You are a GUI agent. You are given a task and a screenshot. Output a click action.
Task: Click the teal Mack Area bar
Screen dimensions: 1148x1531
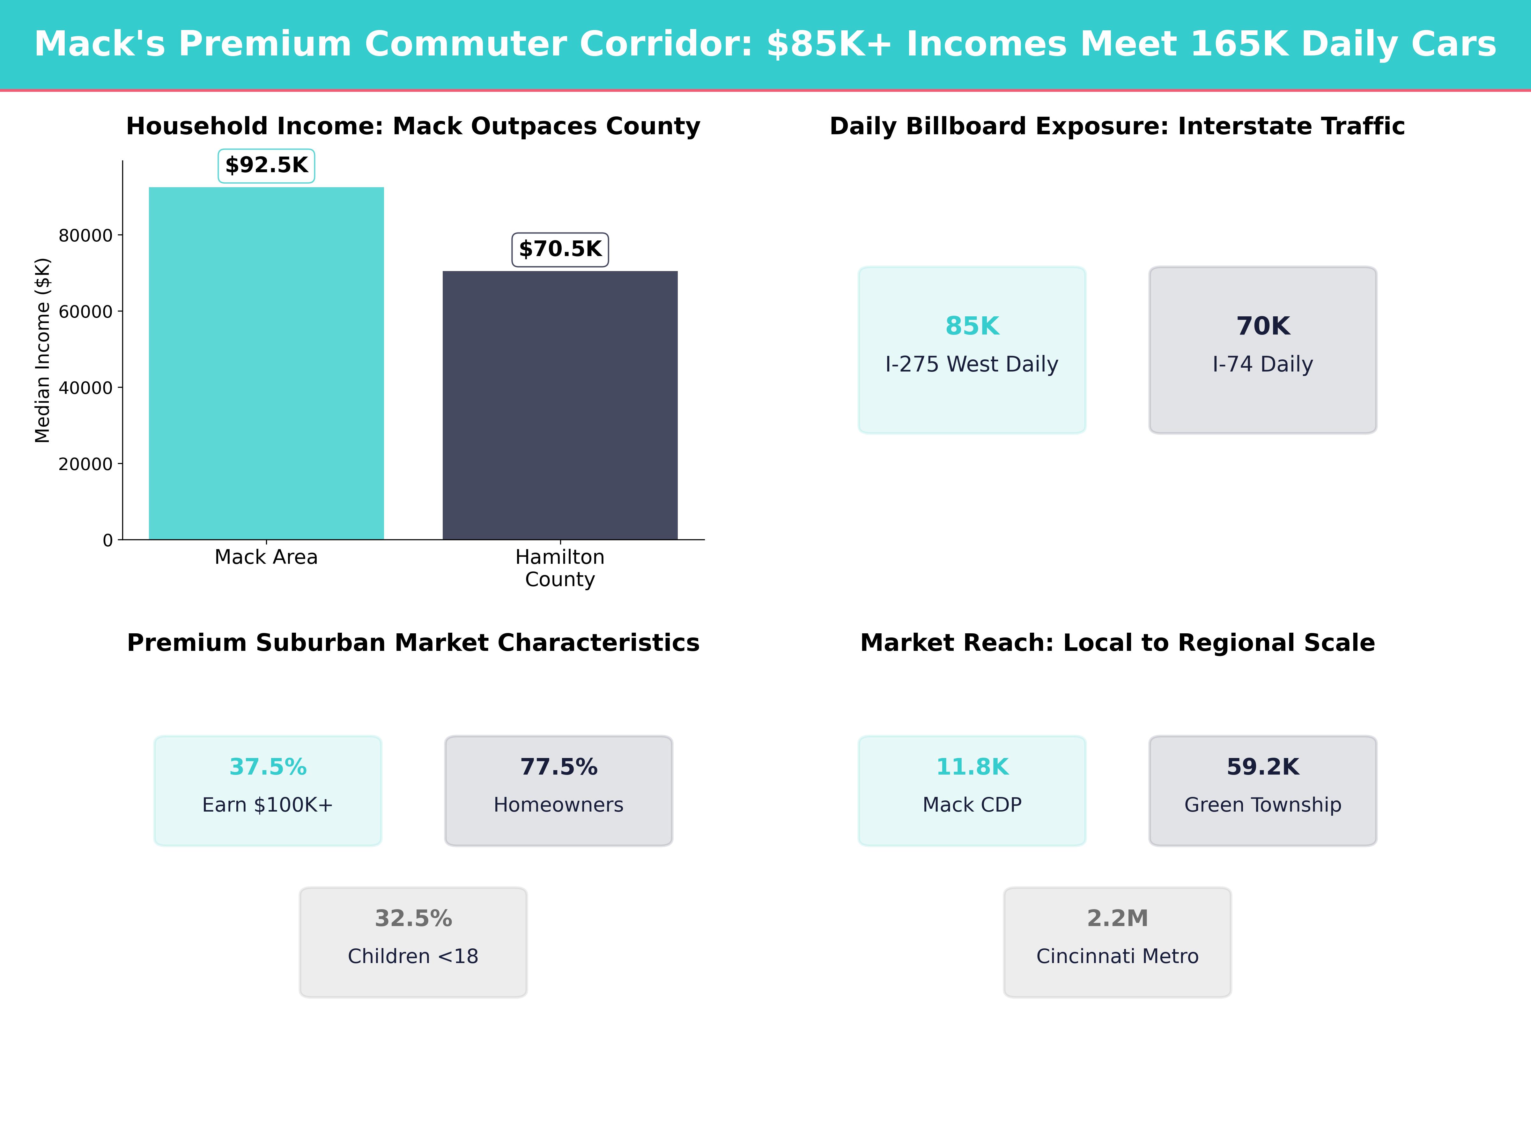266,363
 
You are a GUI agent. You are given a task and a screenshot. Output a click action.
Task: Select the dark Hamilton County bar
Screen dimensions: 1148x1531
560,405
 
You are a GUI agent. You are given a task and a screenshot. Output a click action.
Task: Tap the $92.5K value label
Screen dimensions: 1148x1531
266,166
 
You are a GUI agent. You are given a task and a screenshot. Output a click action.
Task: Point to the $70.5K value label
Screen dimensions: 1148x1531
560,249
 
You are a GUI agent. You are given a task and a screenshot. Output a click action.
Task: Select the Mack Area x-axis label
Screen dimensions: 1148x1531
266,557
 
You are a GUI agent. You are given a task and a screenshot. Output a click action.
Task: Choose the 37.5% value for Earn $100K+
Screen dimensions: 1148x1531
268,767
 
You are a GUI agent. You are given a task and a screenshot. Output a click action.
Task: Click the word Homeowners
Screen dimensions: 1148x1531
558,805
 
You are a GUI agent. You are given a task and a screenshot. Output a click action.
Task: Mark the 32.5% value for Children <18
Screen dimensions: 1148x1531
413,918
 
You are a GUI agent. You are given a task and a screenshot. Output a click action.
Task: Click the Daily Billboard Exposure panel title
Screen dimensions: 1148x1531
1117,127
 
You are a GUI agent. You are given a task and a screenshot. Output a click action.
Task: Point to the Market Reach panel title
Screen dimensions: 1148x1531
1117,643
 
